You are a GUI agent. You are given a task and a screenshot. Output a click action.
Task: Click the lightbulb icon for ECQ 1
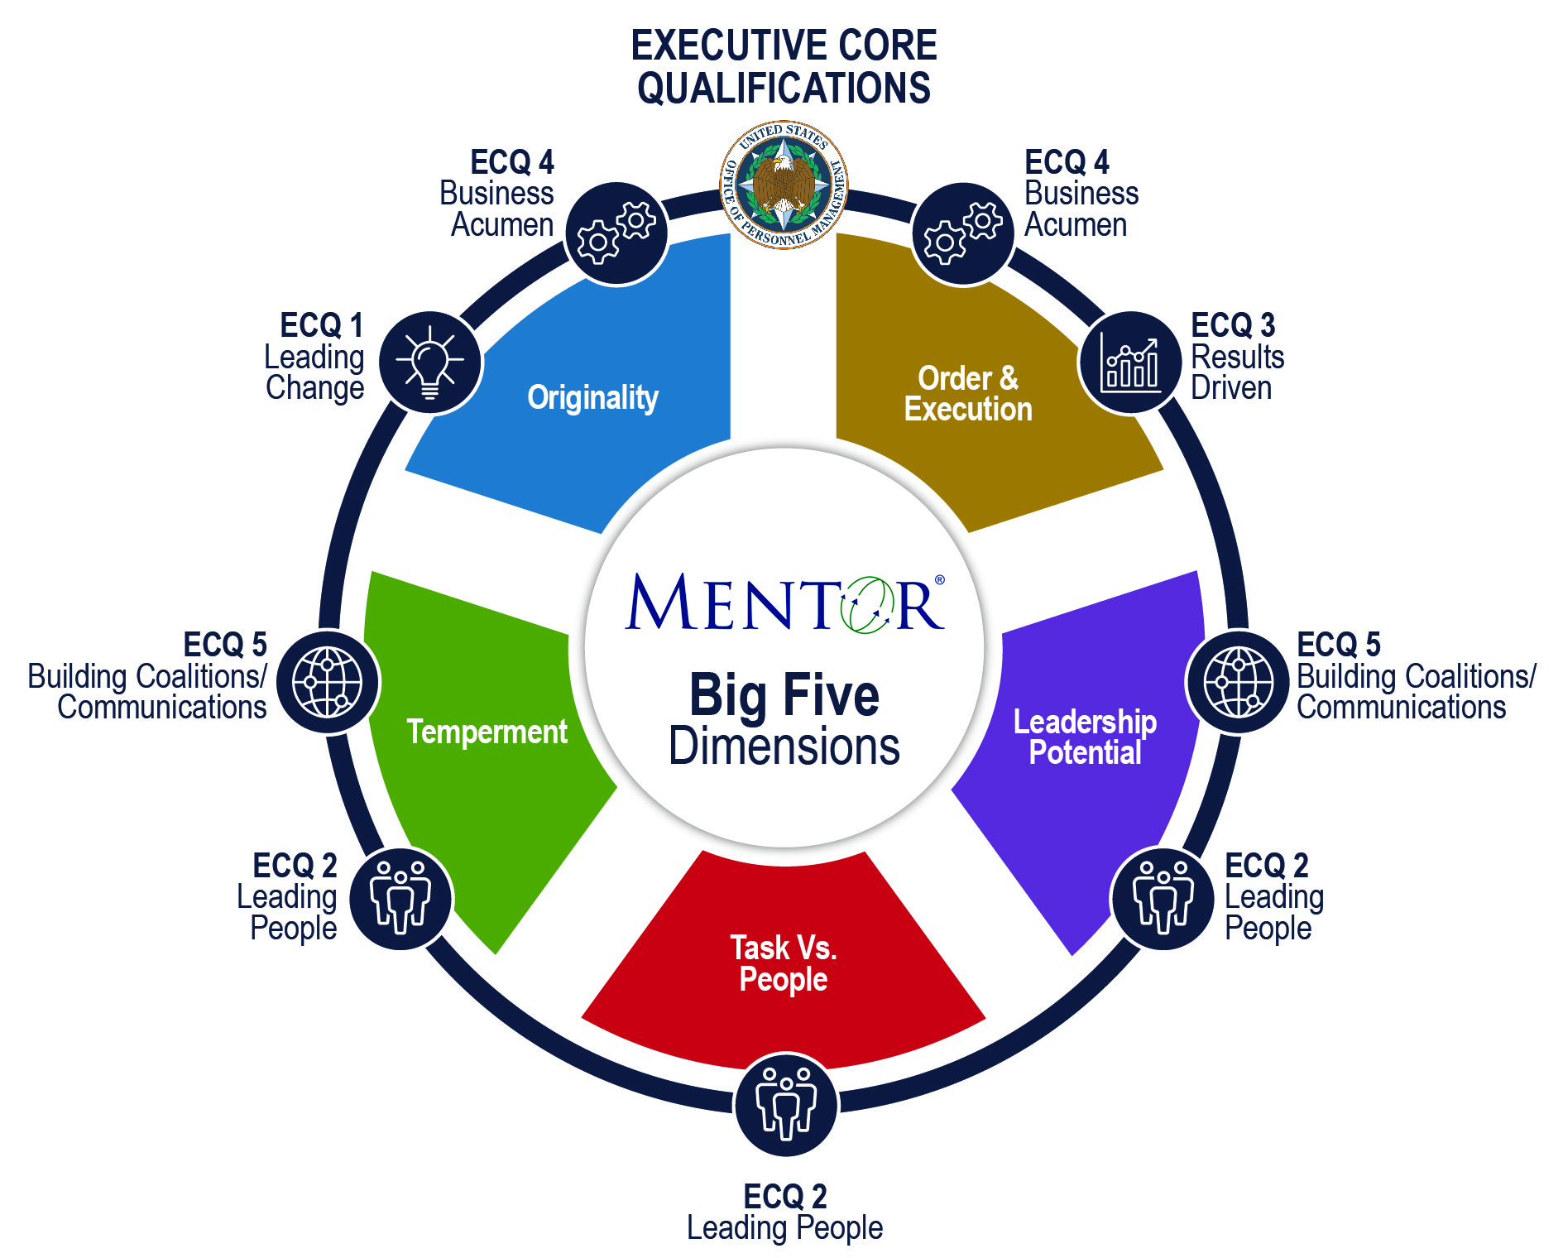430,363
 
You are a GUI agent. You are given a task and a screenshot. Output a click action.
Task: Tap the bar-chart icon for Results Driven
1129,363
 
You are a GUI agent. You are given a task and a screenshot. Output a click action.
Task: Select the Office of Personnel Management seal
783,185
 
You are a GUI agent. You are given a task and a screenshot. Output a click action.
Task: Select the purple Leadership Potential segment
1084,737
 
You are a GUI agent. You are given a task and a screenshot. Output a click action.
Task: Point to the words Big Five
783,695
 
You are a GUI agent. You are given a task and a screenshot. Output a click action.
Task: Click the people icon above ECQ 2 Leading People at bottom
785,1104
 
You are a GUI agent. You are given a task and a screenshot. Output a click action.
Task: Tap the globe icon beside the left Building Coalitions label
328,683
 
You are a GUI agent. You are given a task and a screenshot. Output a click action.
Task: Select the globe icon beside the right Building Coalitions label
1238,683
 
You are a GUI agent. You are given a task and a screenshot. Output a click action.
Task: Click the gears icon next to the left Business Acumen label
616,233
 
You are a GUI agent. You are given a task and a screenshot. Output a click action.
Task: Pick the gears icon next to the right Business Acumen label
963,233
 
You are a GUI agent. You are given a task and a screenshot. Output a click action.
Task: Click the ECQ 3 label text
1232,325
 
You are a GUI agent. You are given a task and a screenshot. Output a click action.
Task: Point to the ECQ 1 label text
321,325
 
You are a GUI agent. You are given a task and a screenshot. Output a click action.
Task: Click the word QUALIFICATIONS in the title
783,88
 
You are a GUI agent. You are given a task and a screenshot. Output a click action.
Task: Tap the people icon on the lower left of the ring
400,898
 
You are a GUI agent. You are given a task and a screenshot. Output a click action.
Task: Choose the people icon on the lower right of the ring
1163,898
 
